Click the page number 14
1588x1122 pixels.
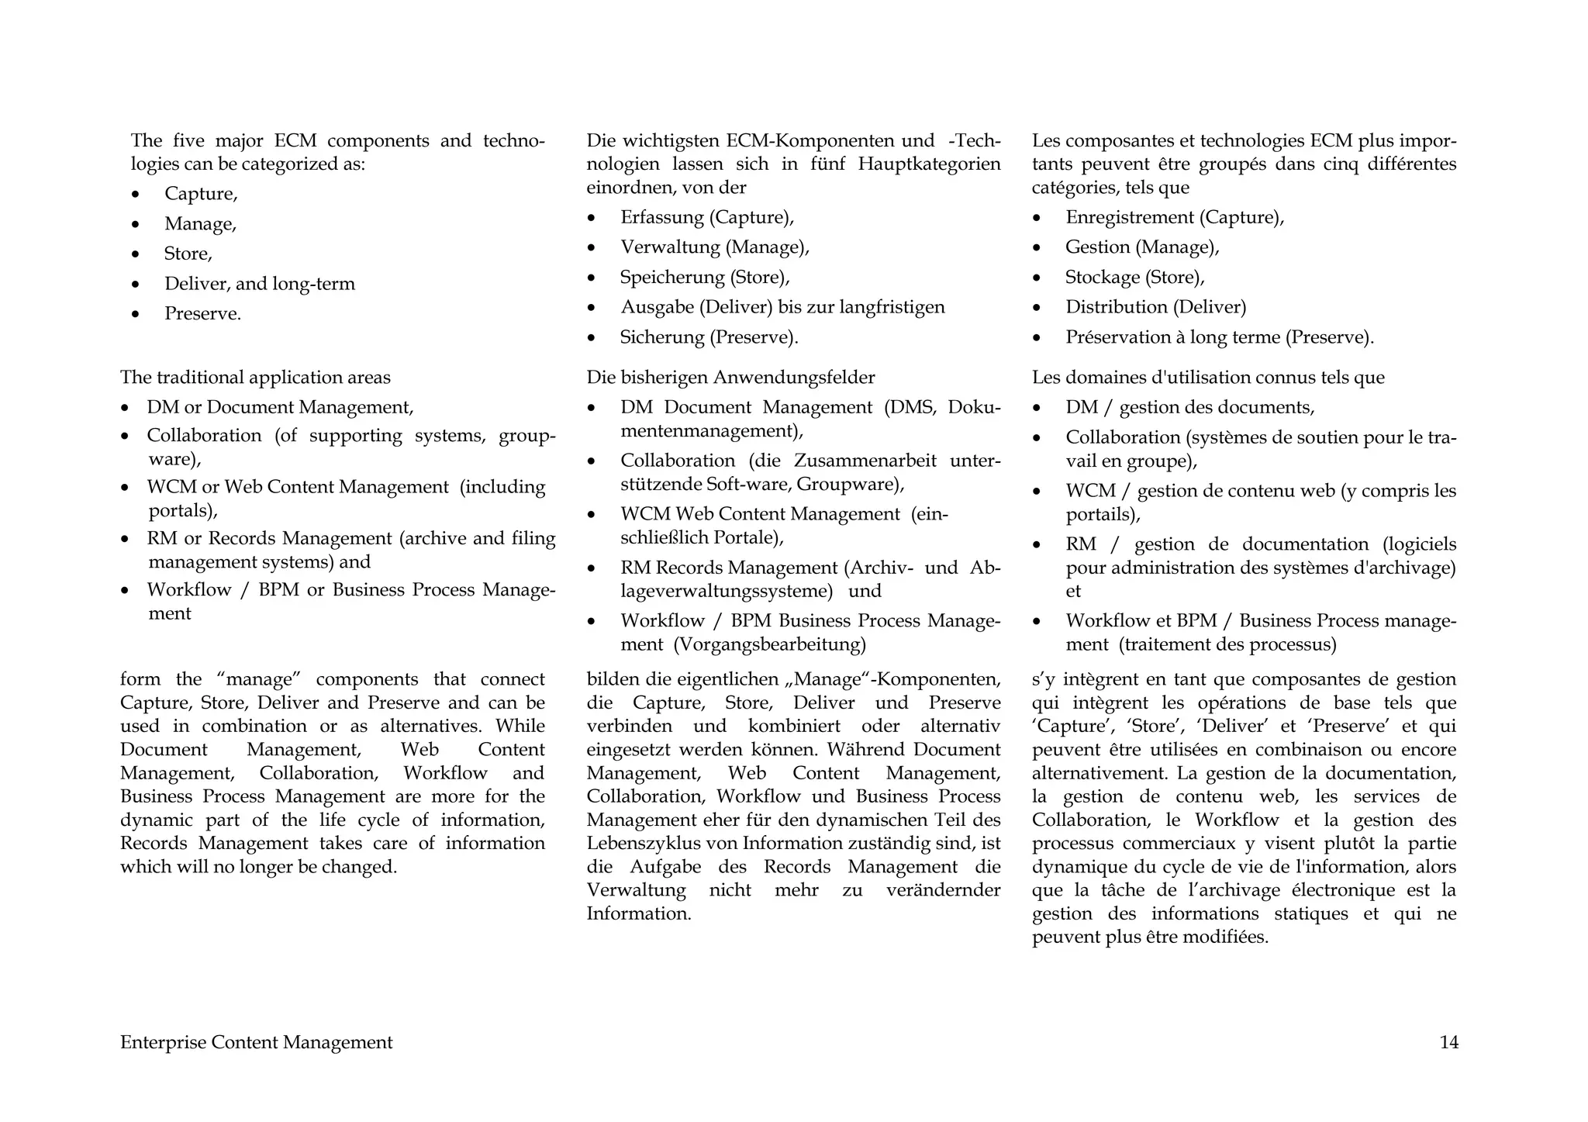tap(1448, 1042)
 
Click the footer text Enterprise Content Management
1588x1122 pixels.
tap(256, 1042)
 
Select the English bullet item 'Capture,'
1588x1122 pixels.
tap(201, 194)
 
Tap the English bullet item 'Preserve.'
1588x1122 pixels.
tap(202, 314)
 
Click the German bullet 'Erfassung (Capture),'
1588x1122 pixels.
tap(706, 217)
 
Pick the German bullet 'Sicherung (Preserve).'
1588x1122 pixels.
tap(709, 337)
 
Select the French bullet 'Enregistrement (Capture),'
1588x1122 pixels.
tap(1174, 217)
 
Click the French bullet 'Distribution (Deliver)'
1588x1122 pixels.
tap(1155, 307)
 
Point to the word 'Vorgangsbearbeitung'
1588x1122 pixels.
tap(769, 644)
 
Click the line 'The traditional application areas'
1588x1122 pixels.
tap(255, 378)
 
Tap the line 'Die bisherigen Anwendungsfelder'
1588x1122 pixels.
tap(730, 378)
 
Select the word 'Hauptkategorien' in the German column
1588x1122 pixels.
tap(929, 164)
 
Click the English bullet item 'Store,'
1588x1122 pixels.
tap(188, 254)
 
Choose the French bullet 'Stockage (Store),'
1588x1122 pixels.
tap(1134, 278)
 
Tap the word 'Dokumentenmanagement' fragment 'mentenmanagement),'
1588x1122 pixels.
tap(712, 431)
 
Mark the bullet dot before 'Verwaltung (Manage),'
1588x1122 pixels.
tap(592, 248)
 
